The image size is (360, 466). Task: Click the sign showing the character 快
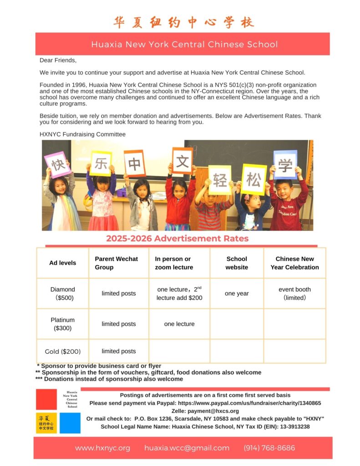[57, 165]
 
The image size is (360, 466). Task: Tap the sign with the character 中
[135, 163]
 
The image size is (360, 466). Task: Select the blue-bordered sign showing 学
[285, 165]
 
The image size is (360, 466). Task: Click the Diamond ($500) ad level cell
[63, 294]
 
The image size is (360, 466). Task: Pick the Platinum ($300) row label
[63, 324]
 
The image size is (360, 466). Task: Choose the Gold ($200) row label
[63, 351]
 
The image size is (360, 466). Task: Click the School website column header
[237, 263]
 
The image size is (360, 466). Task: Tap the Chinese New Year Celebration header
[294, 263]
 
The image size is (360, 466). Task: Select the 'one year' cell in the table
[237, 294]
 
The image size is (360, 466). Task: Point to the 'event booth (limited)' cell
[294, 294]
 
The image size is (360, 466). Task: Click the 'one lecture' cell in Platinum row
[179, 324]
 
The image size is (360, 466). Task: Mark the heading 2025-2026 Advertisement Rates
[177, 238]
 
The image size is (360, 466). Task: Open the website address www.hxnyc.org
[102, 448]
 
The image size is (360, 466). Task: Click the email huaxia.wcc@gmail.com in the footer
[187, 448]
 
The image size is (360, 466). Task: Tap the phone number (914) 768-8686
[269, 448]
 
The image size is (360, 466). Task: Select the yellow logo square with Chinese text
[46, 423]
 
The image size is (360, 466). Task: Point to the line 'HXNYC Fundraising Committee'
[82, 134]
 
